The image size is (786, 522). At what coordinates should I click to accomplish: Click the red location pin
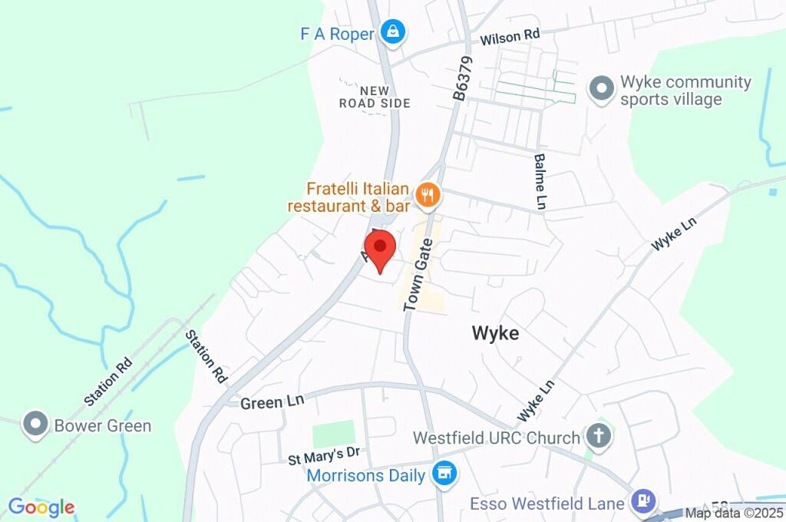tap(379, 249)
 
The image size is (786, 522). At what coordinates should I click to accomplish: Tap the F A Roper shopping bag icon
tap(393, 32)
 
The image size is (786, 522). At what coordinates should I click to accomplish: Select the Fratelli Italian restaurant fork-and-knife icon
tap(427, 196)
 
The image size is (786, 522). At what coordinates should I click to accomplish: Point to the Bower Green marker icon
tap(35, 425)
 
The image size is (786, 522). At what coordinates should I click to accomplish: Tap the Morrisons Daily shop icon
tap(443, 474)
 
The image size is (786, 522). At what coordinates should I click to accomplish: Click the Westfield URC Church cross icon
tap(596, 436)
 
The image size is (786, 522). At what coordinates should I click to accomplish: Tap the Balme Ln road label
tap(540, 182)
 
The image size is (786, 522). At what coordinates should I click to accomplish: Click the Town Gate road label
tap(419, 274)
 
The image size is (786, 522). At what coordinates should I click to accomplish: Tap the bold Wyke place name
tap(495, 333)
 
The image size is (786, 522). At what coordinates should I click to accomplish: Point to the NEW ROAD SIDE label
tap(375, 97)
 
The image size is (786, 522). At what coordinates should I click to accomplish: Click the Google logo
tap(41, 507)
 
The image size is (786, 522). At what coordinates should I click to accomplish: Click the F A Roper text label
tap(336, 34)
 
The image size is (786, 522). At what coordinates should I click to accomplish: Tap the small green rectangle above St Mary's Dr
tap(334, 434)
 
